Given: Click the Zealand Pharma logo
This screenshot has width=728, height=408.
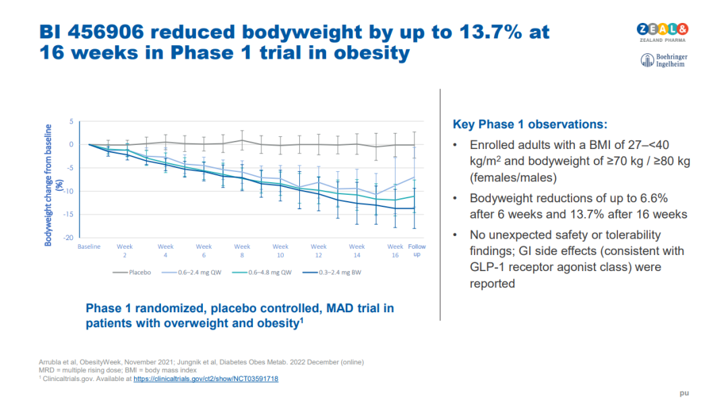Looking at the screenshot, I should [663, 32].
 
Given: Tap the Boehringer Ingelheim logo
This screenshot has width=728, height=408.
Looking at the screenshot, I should [664, 60].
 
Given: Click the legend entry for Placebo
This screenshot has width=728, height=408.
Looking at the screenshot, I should [133, 272].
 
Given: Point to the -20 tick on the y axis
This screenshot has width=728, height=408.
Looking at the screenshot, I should [68, 237].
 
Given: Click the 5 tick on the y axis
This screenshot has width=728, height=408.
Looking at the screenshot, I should [70, 121].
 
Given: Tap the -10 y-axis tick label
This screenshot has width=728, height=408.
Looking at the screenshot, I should [68, 191].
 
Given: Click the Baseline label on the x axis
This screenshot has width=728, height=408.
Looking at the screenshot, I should [89, 247].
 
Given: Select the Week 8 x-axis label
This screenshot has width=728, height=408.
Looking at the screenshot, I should [242, 251].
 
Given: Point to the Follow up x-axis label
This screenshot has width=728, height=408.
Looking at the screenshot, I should [417, 250].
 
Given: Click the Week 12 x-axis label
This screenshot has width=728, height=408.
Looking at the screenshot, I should [319, 251].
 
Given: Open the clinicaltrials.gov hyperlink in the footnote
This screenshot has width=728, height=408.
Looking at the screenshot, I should [206, 379].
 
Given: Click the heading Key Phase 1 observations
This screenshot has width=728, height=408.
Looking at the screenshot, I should [530, 125].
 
